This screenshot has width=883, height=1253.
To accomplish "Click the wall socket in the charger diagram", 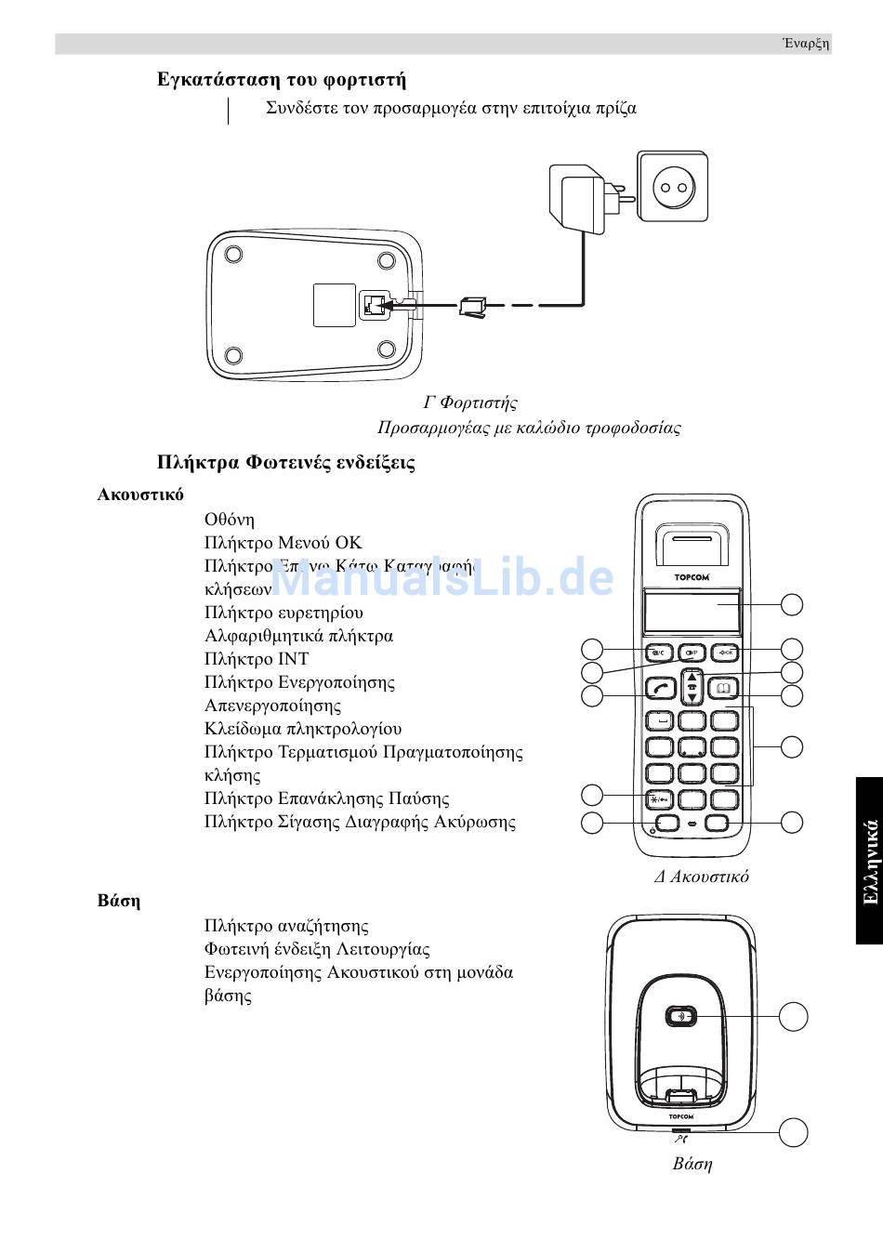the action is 672,187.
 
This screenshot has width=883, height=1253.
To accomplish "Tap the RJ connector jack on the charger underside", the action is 373,304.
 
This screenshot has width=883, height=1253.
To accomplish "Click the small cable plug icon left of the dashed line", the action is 472,306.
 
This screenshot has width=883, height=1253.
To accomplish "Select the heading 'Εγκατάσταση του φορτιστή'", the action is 282,80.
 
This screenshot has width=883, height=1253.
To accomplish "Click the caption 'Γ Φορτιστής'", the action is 470,402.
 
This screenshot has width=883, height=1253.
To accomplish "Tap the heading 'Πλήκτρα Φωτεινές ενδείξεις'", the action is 286,463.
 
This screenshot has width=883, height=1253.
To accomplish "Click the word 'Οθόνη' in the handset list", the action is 230,520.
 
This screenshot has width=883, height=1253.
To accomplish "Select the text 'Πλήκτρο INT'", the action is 257,659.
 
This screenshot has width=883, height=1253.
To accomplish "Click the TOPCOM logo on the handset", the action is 691,576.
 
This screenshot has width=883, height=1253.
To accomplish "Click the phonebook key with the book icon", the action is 723,689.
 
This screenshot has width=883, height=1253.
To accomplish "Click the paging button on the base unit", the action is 681,1016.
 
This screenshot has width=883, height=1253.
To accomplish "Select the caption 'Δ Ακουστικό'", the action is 702,877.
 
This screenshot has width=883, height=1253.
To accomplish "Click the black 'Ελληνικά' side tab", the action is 869,861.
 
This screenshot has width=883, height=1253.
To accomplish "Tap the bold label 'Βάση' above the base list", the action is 119,901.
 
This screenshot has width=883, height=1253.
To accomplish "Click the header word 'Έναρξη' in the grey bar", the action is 805,44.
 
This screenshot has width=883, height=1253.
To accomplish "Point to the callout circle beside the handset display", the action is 791,604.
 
